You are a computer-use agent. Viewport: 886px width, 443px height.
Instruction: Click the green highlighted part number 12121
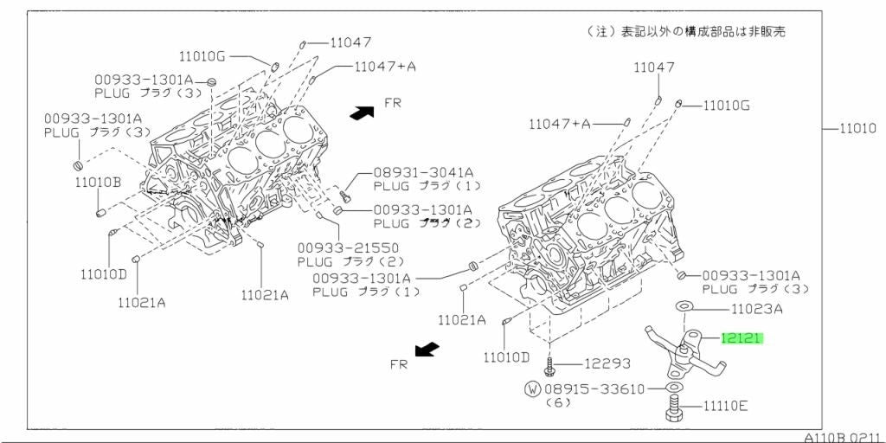tap(742, 339)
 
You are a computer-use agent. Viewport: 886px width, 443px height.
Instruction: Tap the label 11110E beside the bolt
tap(726, 406)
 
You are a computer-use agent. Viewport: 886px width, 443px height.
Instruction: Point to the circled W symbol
tap(532, 388)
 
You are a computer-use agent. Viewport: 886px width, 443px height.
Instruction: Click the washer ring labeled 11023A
tap(684, 307)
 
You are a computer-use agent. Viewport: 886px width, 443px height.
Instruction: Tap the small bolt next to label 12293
tap(549, 364)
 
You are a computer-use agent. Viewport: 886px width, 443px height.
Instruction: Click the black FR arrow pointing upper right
tap(362, 112)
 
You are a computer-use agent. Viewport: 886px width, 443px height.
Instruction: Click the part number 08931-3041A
tap(423, 172)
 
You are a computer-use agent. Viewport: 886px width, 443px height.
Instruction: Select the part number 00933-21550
tap(348, 247)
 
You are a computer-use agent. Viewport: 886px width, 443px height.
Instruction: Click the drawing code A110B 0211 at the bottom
tap(844, 437)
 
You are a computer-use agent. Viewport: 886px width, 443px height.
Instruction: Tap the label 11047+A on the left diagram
tap(385, 66)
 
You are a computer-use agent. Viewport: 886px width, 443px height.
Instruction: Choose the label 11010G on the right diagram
tap(726, 106)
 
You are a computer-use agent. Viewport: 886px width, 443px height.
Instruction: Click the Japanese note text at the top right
tap(686, 32)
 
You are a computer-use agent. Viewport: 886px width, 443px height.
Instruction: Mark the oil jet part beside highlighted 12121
tap(685, 354)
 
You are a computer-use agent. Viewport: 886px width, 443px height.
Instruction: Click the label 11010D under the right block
tap(506, 357)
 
